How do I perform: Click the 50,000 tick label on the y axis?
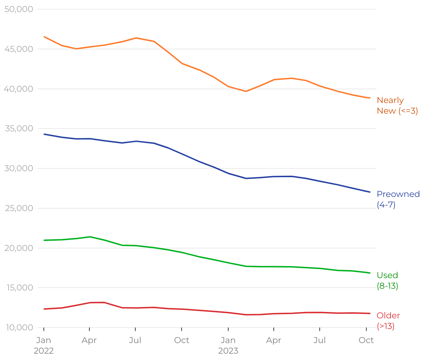tap(19, 9)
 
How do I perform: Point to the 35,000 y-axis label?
tap(19, 128)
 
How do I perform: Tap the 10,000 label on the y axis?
tap(19, 328)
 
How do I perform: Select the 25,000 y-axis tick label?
tap(19, 208)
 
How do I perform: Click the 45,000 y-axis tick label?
tap(19, 49)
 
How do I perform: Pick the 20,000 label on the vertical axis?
tap(19, 248)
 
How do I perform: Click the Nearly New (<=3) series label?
tap(397, 106)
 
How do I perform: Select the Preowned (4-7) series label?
tap(398, 199)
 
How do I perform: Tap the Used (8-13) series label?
tap(388, 281)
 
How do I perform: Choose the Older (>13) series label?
tap(388, 321)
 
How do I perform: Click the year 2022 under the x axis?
tap(43, 351)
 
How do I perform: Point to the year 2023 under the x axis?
tap(228, 351)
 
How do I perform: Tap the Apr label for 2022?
tap(89, 340)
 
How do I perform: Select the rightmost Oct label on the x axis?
tap(366, 340)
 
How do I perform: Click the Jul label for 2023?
tap(320, 340)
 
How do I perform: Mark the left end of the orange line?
tap(44, 37)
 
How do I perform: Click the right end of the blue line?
tap(370, 192)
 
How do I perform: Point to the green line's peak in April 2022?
tap(90, 237)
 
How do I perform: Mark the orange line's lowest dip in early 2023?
tap(246, 91)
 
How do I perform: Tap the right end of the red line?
tap(370, 313)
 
